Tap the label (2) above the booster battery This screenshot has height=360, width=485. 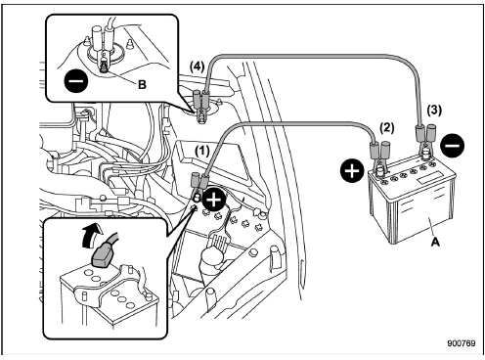[385, 126]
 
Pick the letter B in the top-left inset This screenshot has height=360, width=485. [144, 86]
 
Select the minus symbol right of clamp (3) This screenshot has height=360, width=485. [451, 147]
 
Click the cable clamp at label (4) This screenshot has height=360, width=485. [202, 105]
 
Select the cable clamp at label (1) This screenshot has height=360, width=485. [199, 184]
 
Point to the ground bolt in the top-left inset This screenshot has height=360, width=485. [104, 67]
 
